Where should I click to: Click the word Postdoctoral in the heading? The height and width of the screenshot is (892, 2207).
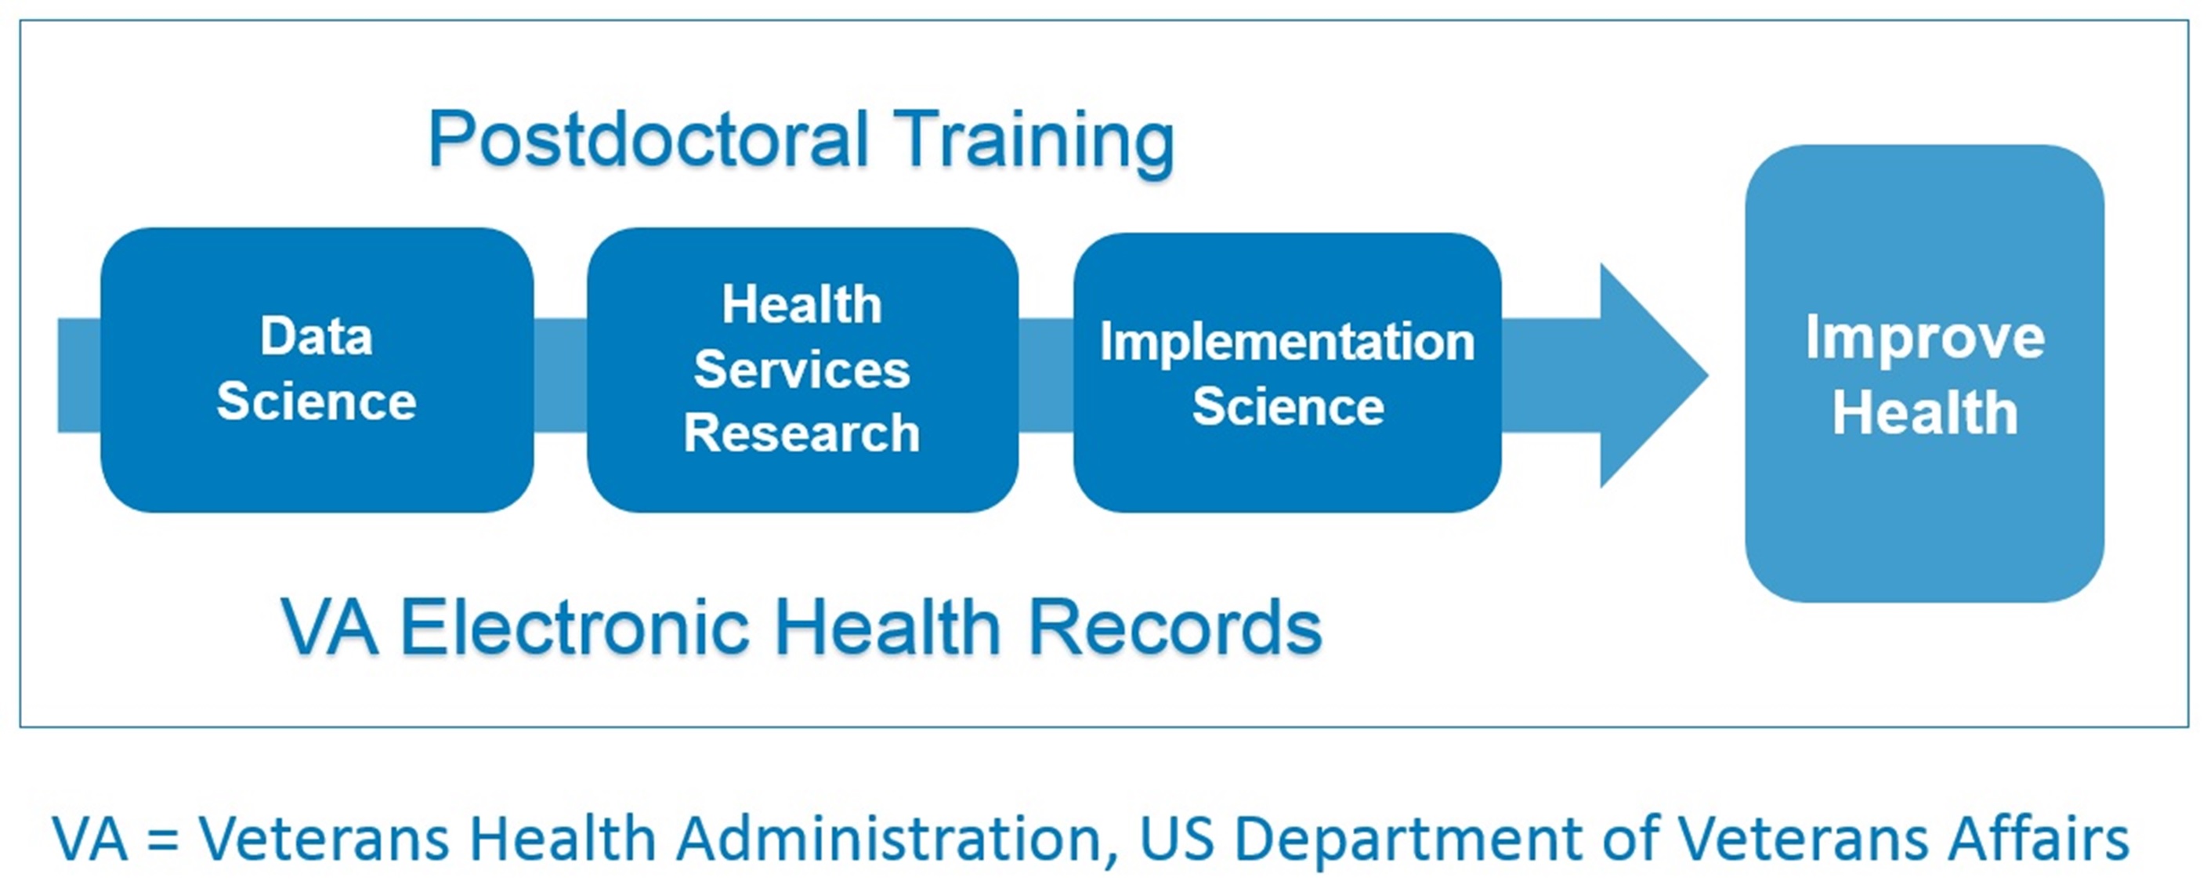(x=649, y=139)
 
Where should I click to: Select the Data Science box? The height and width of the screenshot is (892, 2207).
(x=317, y=369)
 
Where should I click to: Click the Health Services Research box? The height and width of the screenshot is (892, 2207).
(x=803, y=369)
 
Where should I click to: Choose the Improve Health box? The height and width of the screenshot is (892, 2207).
(x=1924, y=373)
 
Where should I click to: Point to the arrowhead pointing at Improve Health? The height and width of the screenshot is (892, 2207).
(x=1655, y=375)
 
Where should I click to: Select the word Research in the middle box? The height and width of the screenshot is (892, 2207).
(x=802, y=433)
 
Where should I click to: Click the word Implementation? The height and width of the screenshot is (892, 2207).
(x=1287, y=343)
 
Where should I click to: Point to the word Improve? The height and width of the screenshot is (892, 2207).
(x=1925, y=339)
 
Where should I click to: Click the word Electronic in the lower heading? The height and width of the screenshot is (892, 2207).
(x=575, y=626)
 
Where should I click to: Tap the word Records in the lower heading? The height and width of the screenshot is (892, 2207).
(x=1174, y=626)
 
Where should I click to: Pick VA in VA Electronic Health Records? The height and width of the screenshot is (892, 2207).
(x=329, y=626)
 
